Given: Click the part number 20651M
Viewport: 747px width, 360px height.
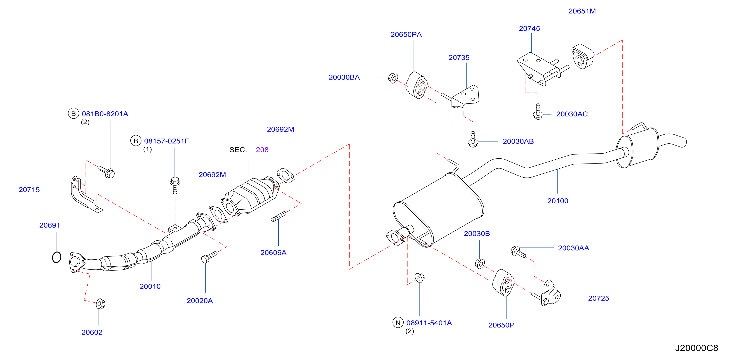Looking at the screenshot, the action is (582, 11).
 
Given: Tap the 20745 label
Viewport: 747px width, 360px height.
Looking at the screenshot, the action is (529, 28).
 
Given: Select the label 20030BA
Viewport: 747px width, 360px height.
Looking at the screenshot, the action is (344, 77).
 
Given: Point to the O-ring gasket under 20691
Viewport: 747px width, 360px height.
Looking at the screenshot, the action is (57, 257).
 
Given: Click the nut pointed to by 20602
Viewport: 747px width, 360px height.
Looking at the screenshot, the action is (100, 303).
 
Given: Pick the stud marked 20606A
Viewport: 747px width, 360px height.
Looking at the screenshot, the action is (278, 217).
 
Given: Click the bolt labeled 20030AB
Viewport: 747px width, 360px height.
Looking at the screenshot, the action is (473, 139).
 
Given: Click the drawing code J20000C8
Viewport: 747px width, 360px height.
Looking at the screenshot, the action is (697, 348).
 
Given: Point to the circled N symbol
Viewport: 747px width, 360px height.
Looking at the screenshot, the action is (398, 322).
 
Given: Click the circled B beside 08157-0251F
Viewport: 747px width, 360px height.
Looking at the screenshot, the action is (135, 141).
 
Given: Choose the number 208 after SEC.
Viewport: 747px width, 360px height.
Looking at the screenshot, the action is (262, 150).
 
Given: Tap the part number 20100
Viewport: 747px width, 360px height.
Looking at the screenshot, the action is (558, 201).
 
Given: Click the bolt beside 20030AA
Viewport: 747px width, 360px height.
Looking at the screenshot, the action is (518, 252).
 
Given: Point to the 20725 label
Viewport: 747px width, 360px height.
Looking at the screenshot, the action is (598, 298).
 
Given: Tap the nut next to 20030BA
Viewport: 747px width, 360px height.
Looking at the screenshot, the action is (393, 78).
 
